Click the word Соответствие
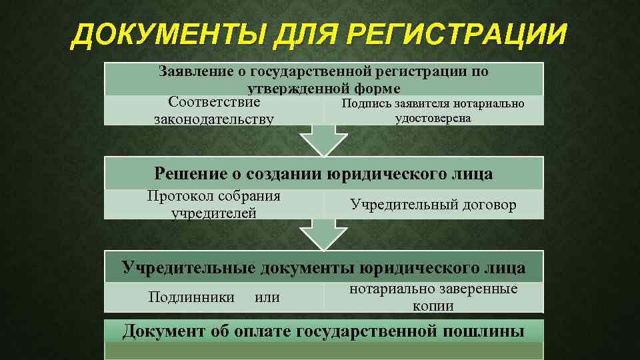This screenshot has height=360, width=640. coord(214,103)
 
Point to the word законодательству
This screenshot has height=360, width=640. coord(214,120)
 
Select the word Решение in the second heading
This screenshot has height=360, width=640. coord(191,174)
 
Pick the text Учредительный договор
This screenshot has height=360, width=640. coord(433,205)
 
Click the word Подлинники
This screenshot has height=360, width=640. coord(191,297)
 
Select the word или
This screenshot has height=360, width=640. coord(267,297)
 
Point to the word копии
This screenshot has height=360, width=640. coord(433,306)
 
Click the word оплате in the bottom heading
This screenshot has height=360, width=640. coord(261,331)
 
